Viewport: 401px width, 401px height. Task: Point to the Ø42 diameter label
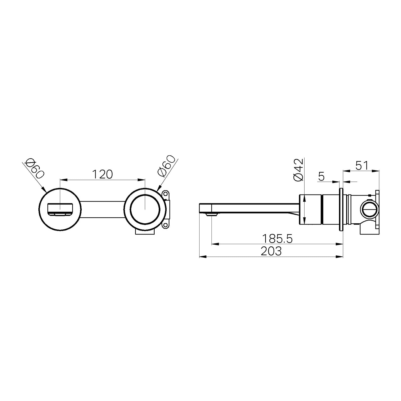[298, 170]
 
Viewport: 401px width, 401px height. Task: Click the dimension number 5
[321, 177]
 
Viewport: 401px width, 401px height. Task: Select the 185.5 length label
[277, 239]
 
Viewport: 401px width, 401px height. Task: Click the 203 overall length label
[271, 251]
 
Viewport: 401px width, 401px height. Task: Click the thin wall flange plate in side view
[341, 209]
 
